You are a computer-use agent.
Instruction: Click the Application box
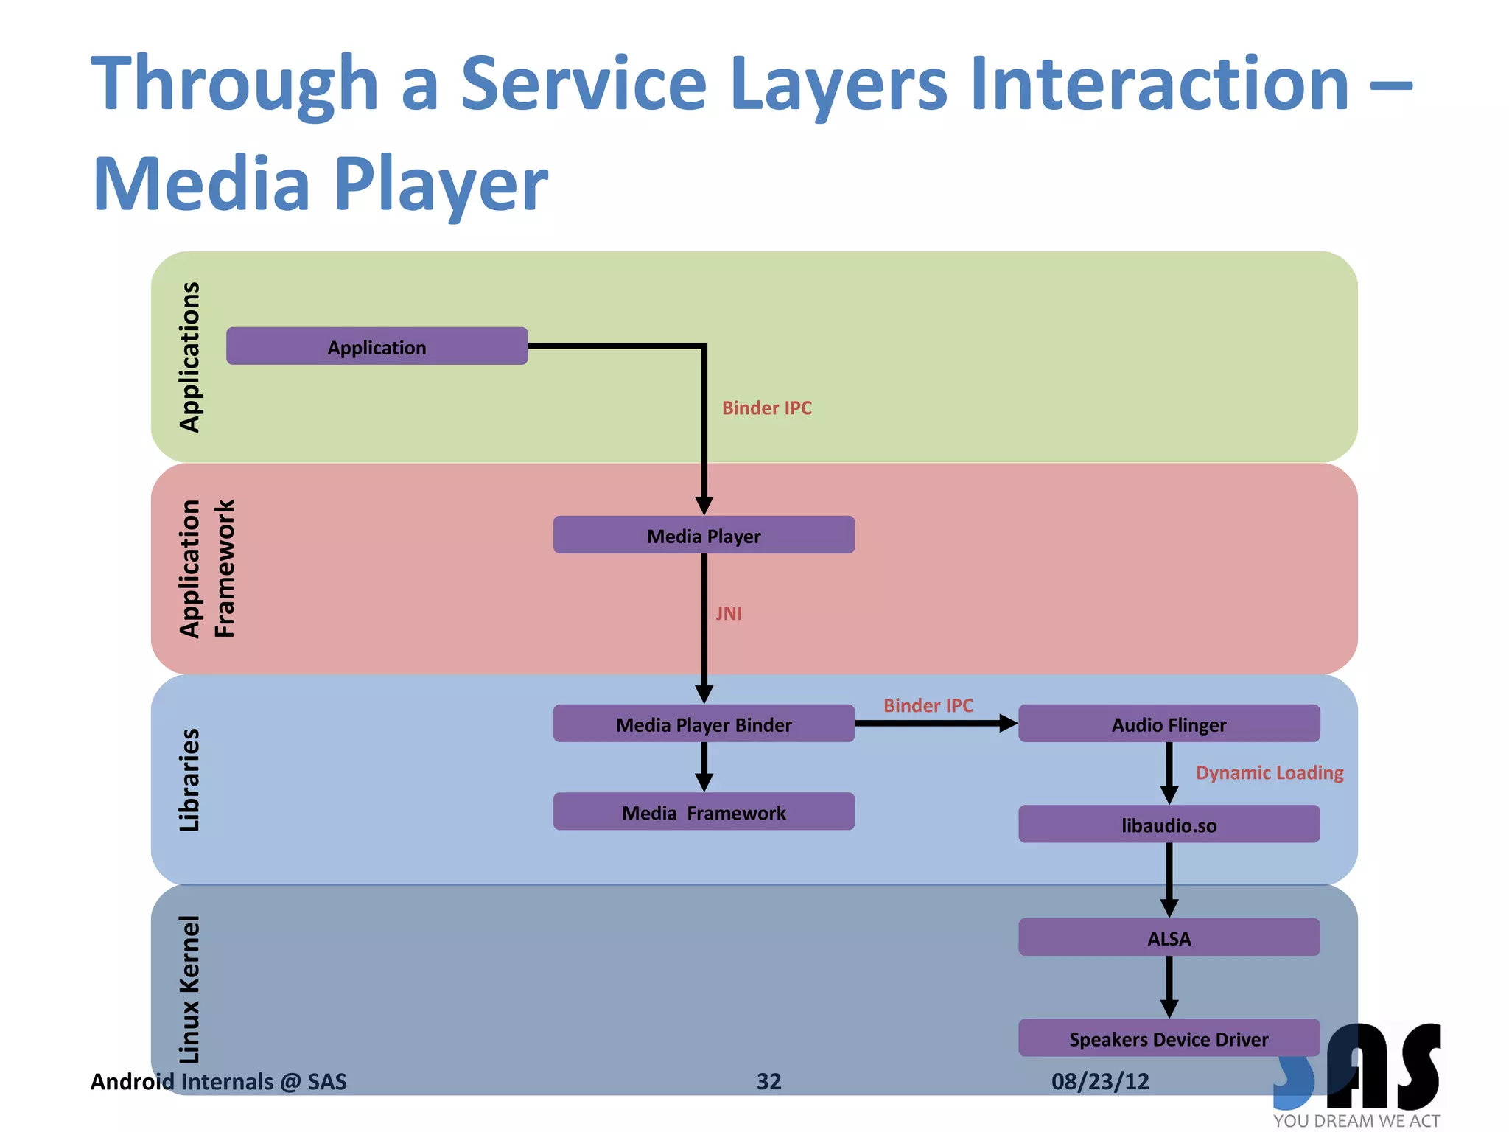click(x=377, y=346)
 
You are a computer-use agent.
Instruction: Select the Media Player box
click(x=704, y=535)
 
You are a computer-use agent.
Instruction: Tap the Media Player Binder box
click(x=704, y=724)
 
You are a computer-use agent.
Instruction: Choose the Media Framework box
click(x=704, y=811)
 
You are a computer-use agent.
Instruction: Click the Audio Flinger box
click(x=1169, y=724)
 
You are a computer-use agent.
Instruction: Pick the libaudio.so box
click(x=1169, y=824)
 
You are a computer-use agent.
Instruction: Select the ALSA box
click(x=1169, y=937)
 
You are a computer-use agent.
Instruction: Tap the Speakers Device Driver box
click(x=1169, y=1038)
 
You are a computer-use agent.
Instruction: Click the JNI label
click(x=729, y=613)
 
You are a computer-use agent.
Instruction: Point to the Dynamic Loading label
click(x=1269, y=772)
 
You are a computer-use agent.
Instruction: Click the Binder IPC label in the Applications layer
click(x=766, y=408)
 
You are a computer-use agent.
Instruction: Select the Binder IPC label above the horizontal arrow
click(x=928, y=705)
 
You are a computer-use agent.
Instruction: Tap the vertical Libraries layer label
click(x=190, y=780)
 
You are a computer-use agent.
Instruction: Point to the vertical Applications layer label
click(x=190, y=357)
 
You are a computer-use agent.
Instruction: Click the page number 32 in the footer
click(x=768, y=1081)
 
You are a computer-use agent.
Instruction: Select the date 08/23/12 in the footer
click(x=1099, y=1081)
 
